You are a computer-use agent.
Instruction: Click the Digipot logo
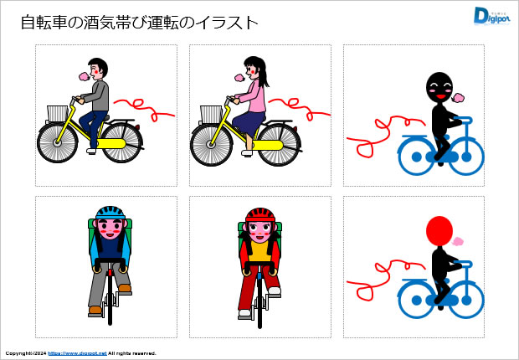(x=491, y=16)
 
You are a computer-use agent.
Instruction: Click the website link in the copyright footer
(x=78, y=353)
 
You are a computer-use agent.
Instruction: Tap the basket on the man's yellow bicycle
(x=58, y=114)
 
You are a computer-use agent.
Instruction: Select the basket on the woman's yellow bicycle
(x=212, y=114)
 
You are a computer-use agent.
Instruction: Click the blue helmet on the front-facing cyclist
(x=110, y=213)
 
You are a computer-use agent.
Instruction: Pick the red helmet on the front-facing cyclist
(x=260, y=214)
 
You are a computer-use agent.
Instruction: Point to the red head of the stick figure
(x=439, y=231)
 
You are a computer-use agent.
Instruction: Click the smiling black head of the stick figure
(x=439, y=87)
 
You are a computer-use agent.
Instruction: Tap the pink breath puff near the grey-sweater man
(x=84, y=76)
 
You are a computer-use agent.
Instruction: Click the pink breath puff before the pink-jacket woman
(x=239, y=78)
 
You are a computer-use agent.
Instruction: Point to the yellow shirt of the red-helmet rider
(x=259, y=251)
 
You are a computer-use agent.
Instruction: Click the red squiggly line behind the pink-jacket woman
(x=300, y=108)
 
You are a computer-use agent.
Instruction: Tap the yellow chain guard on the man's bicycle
(x=111, y=144)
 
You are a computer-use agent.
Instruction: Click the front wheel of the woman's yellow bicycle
(x=211, y=144)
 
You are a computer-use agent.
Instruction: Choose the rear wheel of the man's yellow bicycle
(x=122, y=142)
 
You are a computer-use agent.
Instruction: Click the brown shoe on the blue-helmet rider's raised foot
(x=125, y=288)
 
